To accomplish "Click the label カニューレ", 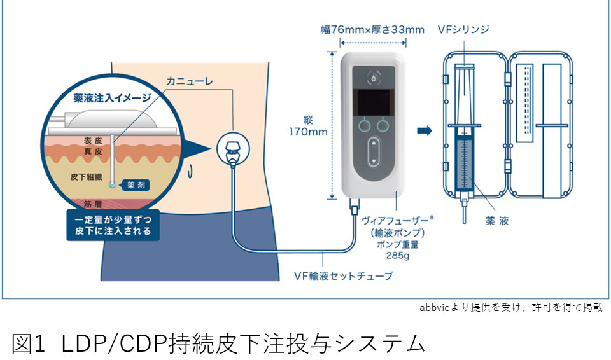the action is (190, 81).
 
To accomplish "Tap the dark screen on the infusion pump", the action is (374, 102).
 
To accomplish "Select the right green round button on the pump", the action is (383, 125).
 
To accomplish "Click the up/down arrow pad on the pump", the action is (374, 151).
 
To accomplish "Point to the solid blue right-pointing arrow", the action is (425, 130).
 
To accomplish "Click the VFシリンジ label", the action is (463, 29).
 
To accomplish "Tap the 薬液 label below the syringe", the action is (497, 221).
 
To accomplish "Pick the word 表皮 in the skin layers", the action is (93, 141).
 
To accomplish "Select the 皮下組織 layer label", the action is (86, 177).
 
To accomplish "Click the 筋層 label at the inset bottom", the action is (93, 204).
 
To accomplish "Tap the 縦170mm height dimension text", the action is (308, 126).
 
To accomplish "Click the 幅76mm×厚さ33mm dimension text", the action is (372, 30).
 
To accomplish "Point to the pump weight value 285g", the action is (397, 256).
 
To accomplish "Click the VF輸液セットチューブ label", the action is (343, 276).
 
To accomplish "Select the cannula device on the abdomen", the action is (233, 149).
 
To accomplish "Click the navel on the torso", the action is (190, 170).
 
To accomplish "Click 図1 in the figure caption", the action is (29, 343).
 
